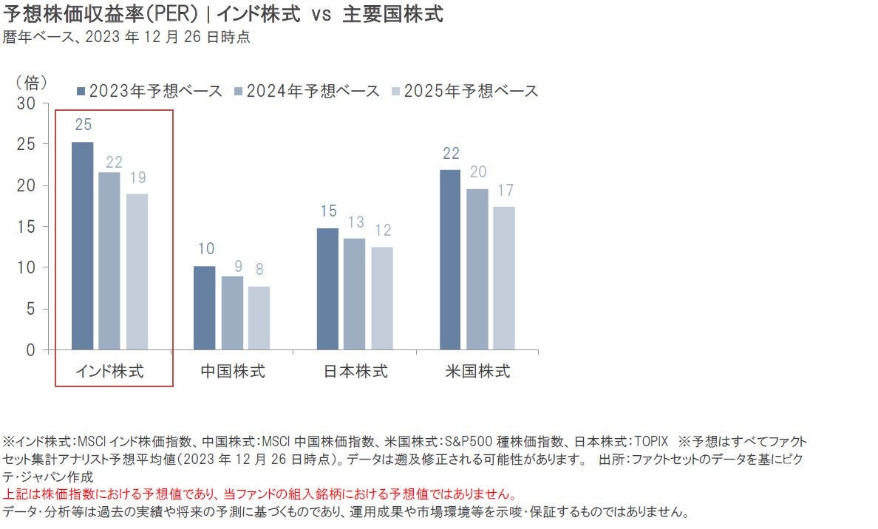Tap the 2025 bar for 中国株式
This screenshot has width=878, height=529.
point(259,318)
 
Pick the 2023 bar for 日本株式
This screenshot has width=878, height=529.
point(327,289)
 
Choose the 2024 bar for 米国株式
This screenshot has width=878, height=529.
point(477,269)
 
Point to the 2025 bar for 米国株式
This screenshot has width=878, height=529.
point(504,278)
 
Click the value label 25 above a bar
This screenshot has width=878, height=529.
point(83,124)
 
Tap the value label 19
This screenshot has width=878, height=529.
point(137,177)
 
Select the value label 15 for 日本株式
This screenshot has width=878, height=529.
point(328,211)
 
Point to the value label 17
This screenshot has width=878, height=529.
point(505,190)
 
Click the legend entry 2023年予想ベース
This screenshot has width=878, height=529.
point(149,91)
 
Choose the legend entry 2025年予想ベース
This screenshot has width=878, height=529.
point(465,91)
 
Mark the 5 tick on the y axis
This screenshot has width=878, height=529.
point(31,309)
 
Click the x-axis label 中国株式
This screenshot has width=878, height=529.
point(232,371)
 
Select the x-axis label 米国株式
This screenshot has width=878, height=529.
point(477,371)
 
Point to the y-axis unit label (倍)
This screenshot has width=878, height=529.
point(32,81)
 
